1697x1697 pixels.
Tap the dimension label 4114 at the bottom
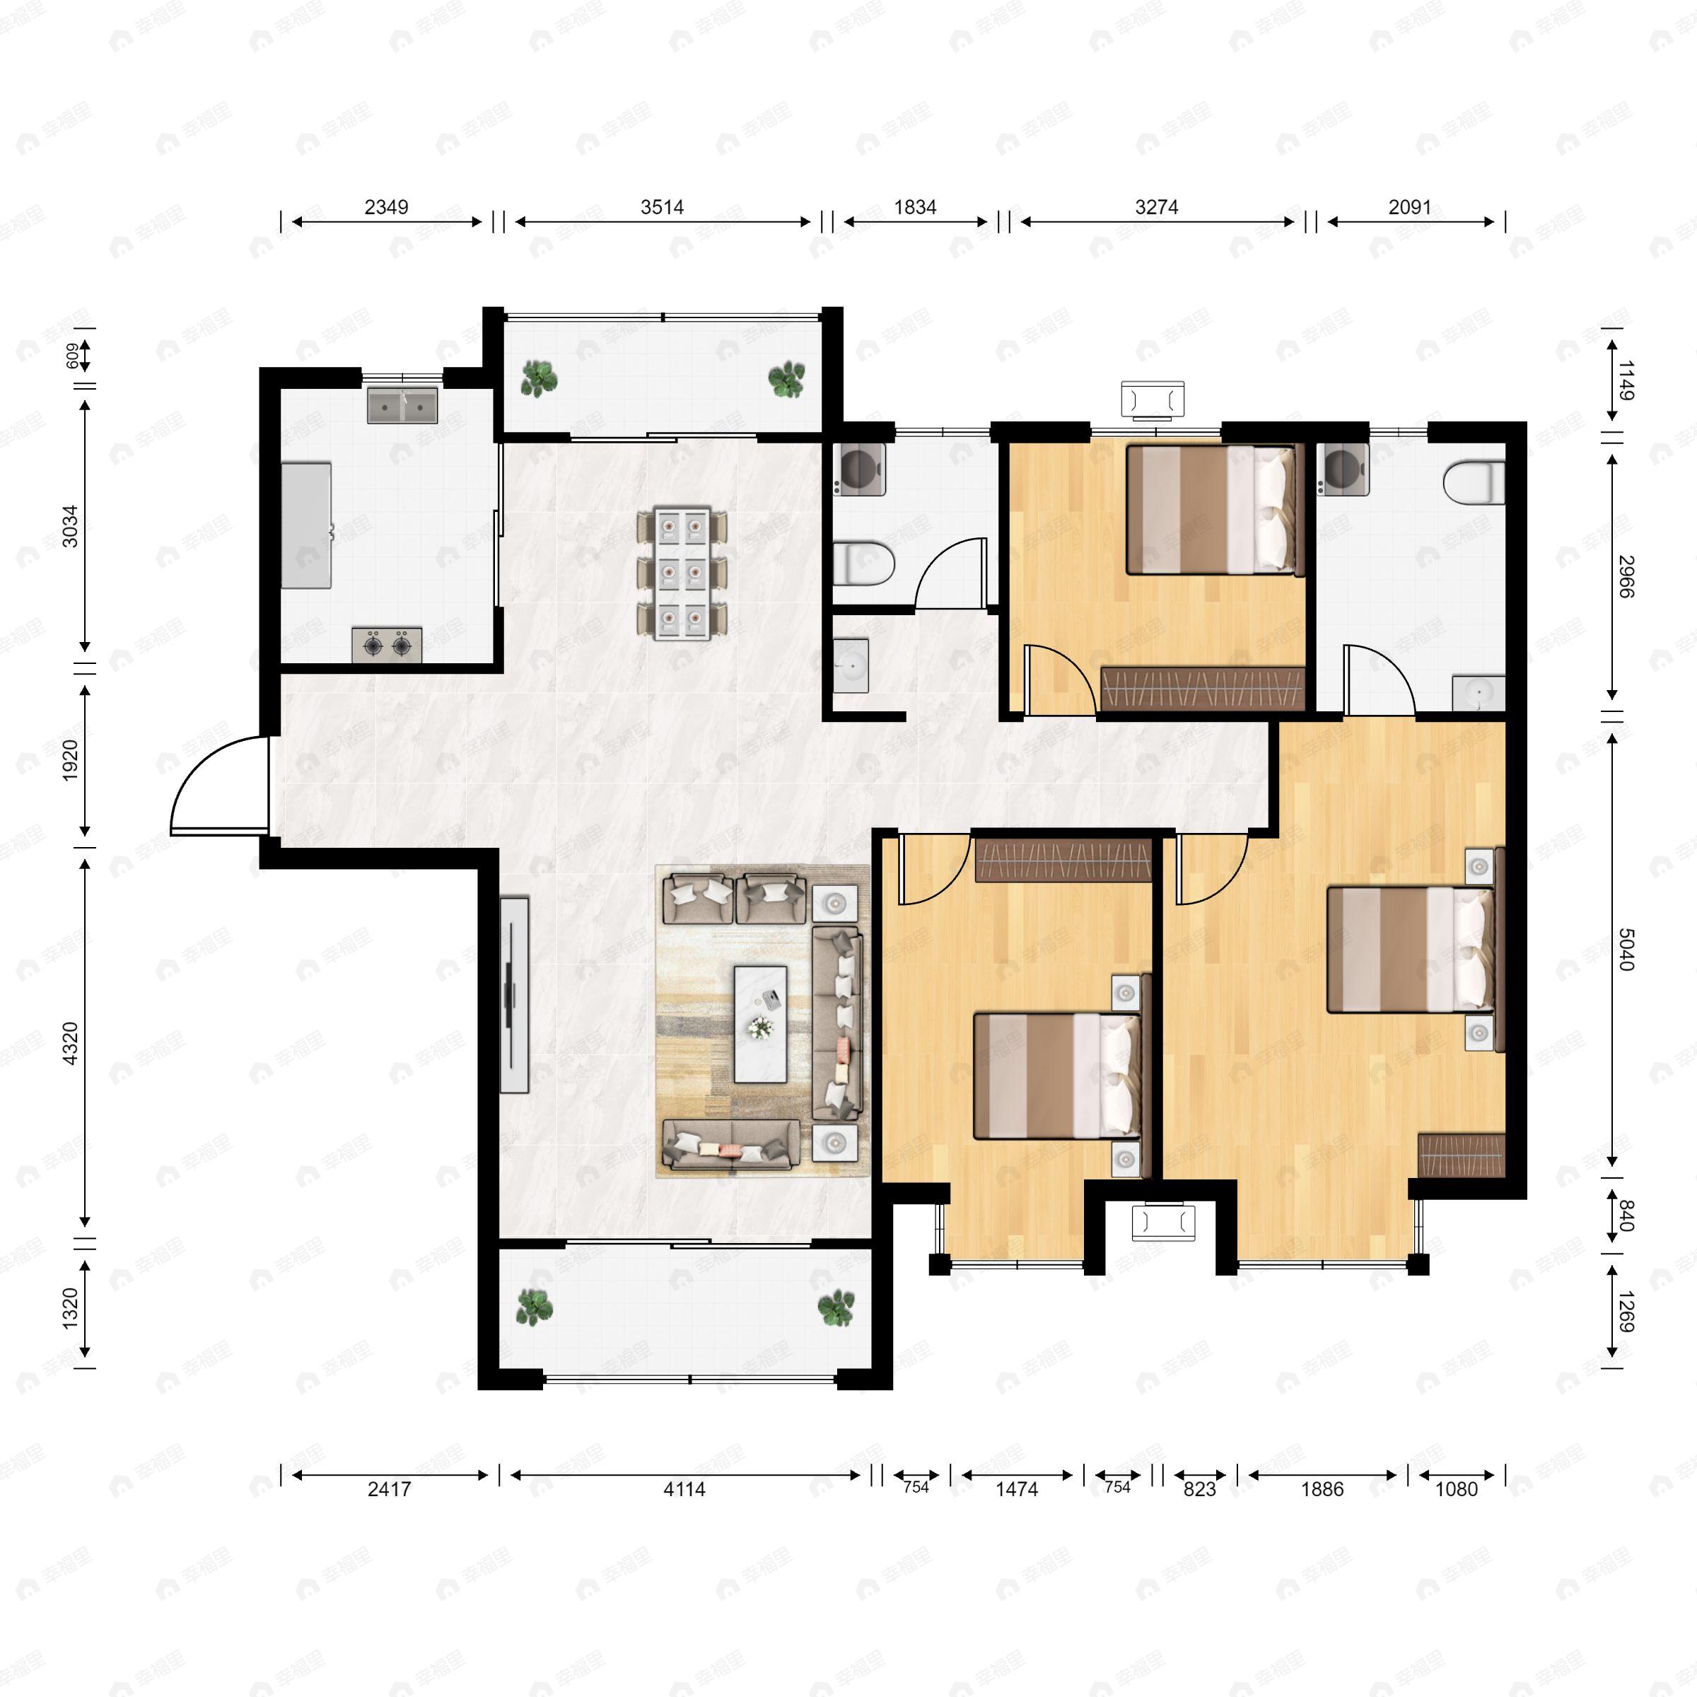684,1489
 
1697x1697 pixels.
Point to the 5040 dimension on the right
1626,950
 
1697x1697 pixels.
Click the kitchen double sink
402,406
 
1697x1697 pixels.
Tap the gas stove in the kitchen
387,645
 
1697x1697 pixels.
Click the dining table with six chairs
682,573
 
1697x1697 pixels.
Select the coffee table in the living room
761,1023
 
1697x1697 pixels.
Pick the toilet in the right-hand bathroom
1474,482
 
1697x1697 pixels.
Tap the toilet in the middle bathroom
863,563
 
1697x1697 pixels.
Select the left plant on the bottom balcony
533,1307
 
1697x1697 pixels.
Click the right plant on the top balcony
786,380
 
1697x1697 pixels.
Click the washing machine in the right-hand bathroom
1342,470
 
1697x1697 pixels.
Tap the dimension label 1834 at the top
914,207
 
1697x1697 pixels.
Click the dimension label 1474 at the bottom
1016,1489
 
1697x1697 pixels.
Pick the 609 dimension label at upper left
72,355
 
